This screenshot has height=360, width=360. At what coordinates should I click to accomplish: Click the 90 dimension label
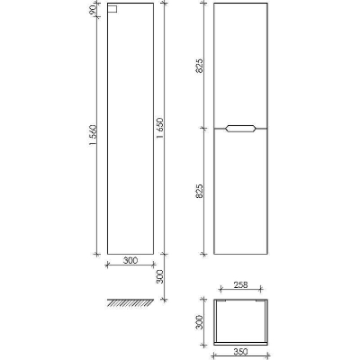(x=93, y=10)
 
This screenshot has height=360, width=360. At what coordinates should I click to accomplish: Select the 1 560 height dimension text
(x=93, y=135)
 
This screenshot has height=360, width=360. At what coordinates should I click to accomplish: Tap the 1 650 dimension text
(x=160, y=128)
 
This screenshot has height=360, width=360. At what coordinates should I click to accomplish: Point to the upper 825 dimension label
(x=200, y=66)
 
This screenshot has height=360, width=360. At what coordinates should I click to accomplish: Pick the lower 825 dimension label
(x=200, y=191)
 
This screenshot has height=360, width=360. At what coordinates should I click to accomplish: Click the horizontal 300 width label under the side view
(x=130, y=260)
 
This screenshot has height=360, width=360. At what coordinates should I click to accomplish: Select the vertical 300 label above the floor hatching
(x=160, y=276)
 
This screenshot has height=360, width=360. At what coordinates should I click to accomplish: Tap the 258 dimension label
(x=241, y=284)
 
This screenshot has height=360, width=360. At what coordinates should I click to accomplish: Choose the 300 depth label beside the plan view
(x=200, y=322)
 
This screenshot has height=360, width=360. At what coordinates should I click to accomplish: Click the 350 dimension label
(x=240, y=351)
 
